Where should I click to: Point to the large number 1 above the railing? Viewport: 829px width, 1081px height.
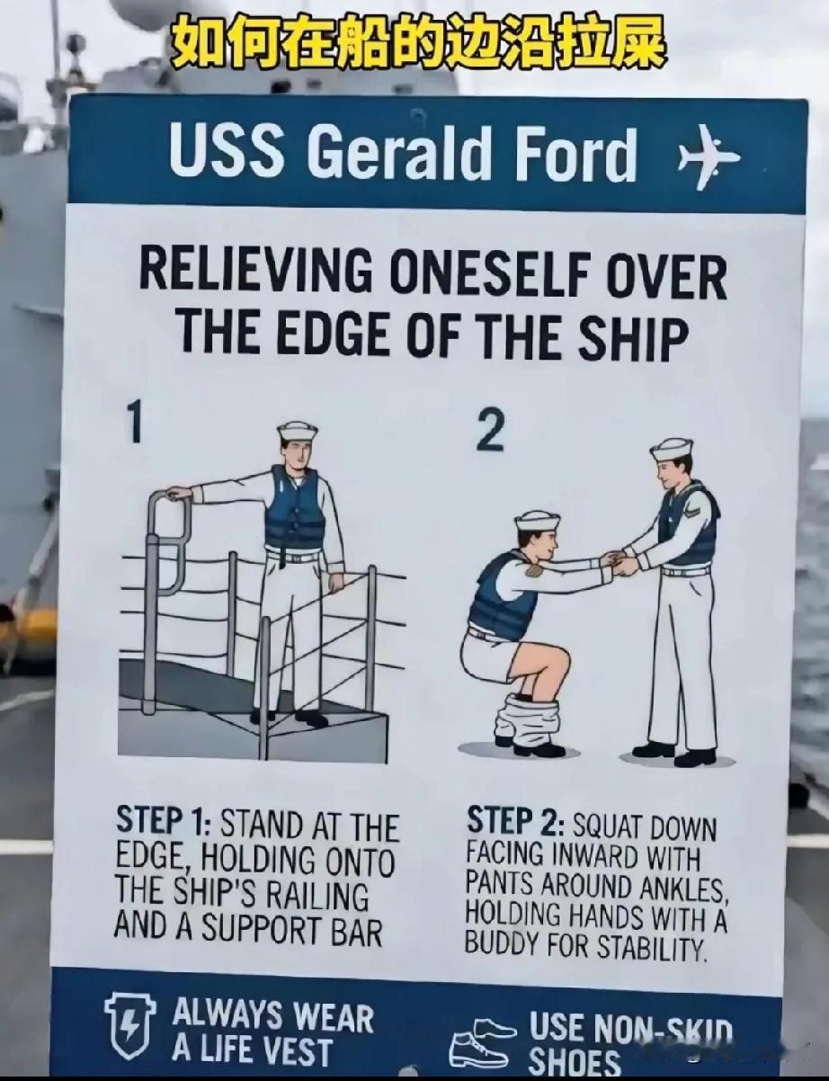click(133, 423)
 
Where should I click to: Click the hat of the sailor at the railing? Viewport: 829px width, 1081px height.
click(297, 432)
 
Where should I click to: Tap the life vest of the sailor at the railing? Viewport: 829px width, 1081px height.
click(293, 508)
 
